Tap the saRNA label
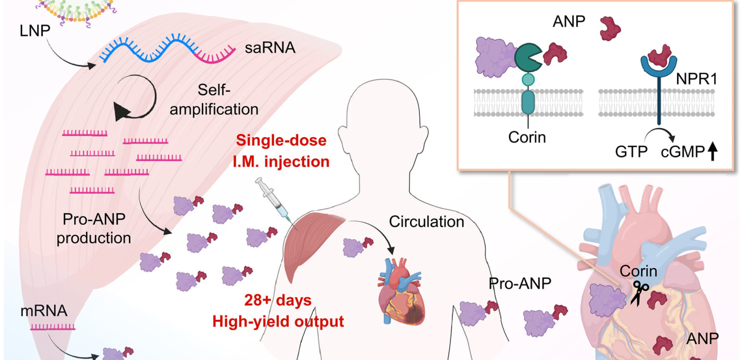tap(270, 48)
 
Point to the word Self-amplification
tap(214, 99)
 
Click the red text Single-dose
tap(281, 140)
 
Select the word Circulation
tap(426, 221)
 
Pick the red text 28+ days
tap(277, 300)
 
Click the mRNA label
tap(44, 311)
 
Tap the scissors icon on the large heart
tap(639, 293)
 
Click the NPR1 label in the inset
tap(696, 79)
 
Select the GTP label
tap(631, 152)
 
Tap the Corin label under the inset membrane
tap(527, 137)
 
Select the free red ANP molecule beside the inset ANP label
tap(610, 28)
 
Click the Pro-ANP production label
tap(94, 228)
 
